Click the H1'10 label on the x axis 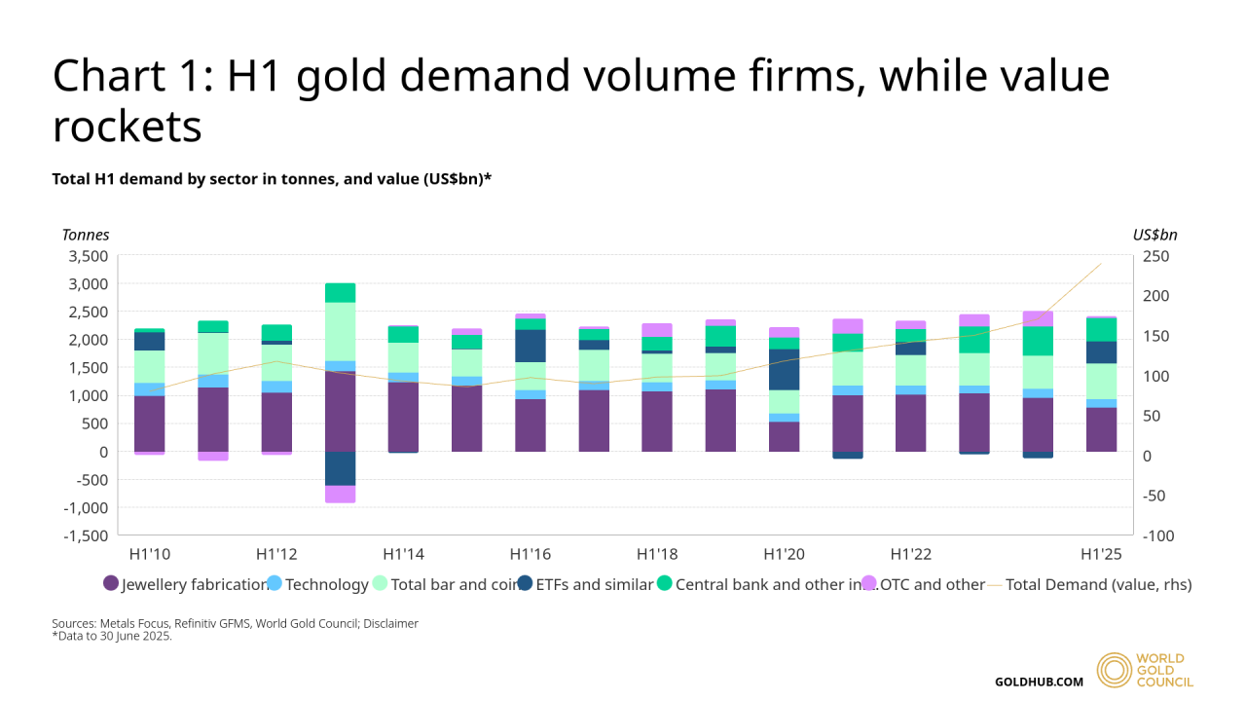[150, 554]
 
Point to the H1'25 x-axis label [1101, 554]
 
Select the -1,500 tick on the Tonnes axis [86, 535]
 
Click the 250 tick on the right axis [1154, 256]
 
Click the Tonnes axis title [86, 235]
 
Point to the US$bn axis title [1154, 235]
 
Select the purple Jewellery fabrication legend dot [111, 584]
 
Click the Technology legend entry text [327, 584]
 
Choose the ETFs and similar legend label [595, 584]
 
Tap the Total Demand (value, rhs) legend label [1098, 584]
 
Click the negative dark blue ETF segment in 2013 [340, 468]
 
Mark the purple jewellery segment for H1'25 [1101, 429]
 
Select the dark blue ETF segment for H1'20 [784, 369]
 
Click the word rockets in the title [128, 126]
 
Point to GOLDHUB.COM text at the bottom [1039, 682]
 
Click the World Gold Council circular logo [1115, 670]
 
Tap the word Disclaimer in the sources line [390, 623]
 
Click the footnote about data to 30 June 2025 [112, 637]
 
